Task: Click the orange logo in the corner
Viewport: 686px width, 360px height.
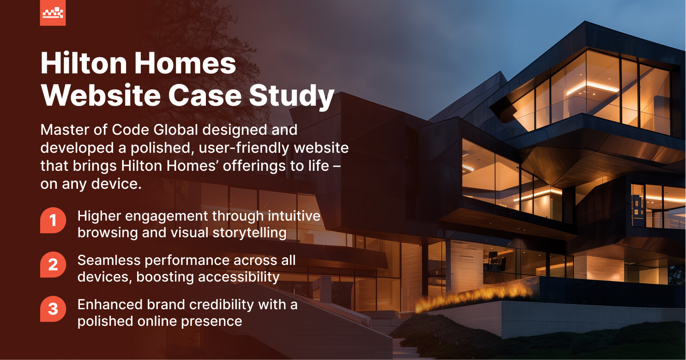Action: point(53,13)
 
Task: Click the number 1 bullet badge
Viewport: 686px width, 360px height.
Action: point(53,221)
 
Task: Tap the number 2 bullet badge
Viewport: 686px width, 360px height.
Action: point(53,265)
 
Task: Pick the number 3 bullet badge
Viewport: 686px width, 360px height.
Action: point(53,309)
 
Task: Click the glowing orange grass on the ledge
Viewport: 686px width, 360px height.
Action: point(475,296)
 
